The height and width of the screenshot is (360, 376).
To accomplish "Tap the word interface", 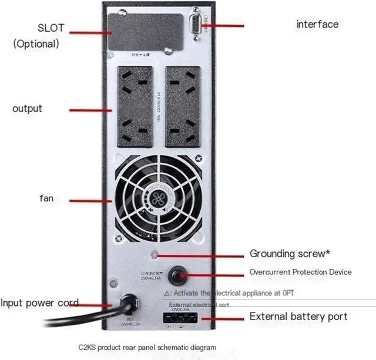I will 317,24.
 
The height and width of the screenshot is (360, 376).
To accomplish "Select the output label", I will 28,109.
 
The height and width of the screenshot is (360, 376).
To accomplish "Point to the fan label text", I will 46,198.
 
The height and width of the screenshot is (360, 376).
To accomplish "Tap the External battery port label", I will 298,317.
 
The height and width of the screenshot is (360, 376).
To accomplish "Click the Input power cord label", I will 39,303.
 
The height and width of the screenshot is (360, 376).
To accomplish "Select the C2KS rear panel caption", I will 147,348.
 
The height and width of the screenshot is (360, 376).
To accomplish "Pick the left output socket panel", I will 135,106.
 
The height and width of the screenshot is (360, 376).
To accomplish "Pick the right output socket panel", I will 183,106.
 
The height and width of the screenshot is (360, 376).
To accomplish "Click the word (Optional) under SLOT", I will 36,43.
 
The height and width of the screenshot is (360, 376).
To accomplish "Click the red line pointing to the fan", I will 91,200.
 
